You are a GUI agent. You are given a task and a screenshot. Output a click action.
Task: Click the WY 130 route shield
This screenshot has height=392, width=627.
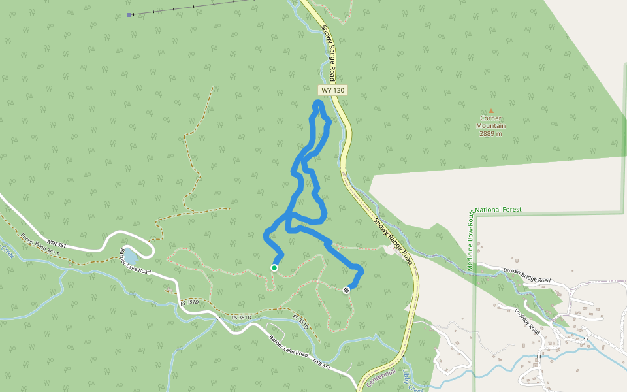point(332,90)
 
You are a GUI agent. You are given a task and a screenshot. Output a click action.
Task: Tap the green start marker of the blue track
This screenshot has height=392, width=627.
point(274,268)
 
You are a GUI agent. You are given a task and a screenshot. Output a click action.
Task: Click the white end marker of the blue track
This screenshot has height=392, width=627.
point(346,290)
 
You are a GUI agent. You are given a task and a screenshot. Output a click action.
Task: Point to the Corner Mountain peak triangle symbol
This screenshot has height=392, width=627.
point(491,111)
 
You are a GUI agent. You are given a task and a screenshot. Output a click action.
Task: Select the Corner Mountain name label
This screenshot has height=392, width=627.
point(490,122)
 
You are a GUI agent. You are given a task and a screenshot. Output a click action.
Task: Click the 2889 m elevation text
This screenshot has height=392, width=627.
point(490,133)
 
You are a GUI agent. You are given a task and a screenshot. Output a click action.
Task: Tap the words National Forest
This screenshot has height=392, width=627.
point(498,210)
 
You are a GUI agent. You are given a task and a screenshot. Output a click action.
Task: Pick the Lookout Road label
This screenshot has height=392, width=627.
point(526,319)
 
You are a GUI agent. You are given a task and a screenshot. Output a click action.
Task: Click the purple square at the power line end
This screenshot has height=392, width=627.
point(129,14)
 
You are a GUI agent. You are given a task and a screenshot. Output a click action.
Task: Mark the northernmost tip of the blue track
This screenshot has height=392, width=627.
point(319,103)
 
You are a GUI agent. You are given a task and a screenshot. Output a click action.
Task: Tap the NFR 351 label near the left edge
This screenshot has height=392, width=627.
point(57,227)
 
